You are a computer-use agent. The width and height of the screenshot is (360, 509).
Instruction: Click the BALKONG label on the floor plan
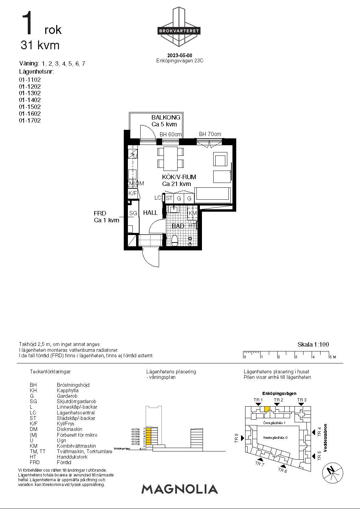[166, 117]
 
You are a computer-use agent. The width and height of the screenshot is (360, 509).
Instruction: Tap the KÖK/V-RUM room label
[179, 177]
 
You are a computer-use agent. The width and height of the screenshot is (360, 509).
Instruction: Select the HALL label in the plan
[150, 213]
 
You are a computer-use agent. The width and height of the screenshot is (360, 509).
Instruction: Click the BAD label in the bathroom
[178, 226]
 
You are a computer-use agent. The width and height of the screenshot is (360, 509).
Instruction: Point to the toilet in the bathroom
[175, 240]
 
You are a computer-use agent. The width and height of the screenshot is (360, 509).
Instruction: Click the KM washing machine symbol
[193, 213]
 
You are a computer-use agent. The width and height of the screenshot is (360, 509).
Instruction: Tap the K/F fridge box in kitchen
[133, 193]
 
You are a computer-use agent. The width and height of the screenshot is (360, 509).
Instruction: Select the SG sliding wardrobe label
[133, 213]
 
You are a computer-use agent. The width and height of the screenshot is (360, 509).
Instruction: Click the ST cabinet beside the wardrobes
[169, 198]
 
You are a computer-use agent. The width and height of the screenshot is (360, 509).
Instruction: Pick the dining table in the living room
[170, 158]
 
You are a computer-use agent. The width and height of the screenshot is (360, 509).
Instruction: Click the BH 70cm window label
[210, 134]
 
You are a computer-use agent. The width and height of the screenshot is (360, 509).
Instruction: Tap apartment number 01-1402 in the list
[30, 100]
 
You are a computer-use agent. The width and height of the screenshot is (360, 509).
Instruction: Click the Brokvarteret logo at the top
[178, 30]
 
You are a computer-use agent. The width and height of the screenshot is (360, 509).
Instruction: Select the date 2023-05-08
[180, 55]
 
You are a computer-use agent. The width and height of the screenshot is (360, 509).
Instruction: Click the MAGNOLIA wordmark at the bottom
[180, 489]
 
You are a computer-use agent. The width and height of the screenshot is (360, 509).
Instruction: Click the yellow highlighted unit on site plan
[267, 409]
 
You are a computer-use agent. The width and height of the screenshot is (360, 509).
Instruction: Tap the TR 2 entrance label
[278, 400]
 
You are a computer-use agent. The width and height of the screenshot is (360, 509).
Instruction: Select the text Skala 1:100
[313, 345]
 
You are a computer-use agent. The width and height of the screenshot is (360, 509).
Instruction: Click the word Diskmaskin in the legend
[69, 429]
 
